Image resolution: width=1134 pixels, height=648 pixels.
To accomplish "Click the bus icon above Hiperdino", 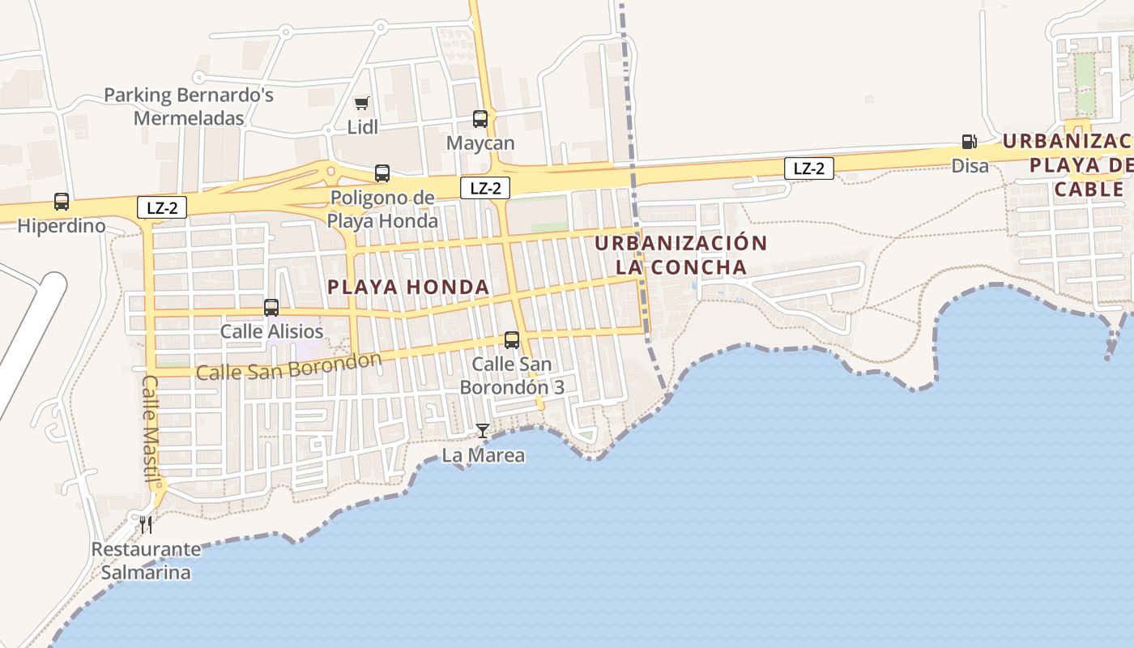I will click(62, 201).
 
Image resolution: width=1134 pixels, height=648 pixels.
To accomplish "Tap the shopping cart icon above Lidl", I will click(361, 103).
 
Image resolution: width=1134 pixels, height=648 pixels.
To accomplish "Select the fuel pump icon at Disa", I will click(969, 142).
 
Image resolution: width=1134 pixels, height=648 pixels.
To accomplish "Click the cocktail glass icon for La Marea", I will click(483, 430).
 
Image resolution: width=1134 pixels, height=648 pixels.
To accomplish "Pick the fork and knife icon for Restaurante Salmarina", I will click(146, 524).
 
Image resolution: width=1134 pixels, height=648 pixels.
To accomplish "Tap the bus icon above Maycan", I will click(480, 119).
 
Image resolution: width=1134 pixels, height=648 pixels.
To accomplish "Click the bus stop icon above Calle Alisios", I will click(271, 308).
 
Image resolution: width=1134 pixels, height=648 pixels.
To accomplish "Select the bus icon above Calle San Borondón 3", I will click(512, 340).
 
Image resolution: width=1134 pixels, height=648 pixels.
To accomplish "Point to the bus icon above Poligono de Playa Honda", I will click(382, 173).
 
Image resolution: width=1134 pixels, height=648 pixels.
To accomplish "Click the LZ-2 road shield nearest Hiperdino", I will click(162, 208).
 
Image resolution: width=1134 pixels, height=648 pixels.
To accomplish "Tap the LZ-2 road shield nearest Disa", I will click(808, 168).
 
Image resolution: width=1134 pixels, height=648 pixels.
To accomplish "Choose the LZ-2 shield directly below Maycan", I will click(485, 189).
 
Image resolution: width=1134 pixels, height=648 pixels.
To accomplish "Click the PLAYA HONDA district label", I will click(408, 287).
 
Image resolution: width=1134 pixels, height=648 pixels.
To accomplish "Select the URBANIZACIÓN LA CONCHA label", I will click(680, 255).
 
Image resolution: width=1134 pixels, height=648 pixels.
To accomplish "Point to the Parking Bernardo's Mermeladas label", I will click(189, 106).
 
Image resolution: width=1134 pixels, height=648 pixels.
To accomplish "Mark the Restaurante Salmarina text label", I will click(146, 561).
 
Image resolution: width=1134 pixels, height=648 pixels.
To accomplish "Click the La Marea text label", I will click(483, 455).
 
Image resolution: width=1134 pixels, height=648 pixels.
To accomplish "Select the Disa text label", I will click(970, 166).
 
